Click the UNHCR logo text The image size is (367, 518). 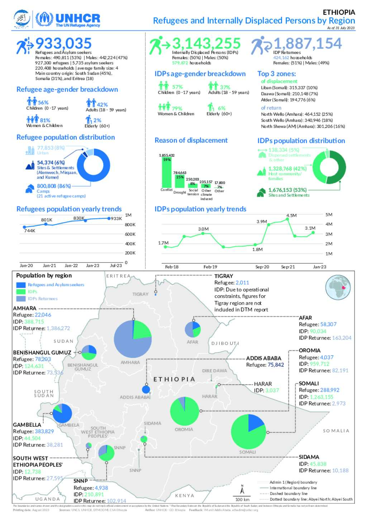pyautogui.click(x=77, y=18)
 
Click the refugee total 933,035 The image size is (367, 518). pyautogui.click(x=63, y=44)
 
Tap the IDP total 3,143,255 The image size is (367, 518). pyautogui.click(x=206, y=44)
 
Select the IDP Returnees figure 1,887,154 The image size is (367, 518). pyautogui.click(x=308, y=44)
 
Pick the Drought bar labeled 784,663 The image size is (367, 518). pyautogui.click(x=180, y=181)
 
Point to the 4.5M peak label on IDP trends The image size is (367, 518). pyautogui.click(x=291, y=215)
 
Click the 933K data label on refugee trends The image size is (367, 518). pyautogui.click(x=116, y=219)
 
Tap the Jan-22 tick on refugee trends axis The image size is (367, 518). pyautogui.click(x=71, y=265)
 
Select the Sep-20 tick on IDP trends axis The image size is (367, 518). pyautogui.click(x=262, y=267)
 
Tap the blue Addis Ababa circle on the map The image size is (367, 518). pyautogui.click(x=146, y=390)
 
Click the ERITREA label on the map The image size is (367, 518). pyautogui.click(x=118, y=276)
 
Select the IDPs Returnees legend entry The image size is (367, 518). pyautogui.click(x=42, y=299)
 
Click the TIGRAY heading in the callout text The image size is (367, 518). pyautogui.click(x=223, y=276)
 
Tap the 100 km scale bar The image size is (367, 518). pyautogui.click(x=242, y=496)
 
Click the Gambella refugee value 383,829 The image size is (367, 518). pyautogui.click(x=44, y=431)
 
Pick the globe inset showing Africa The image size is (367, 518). pyautogui.click(x=338, y=287)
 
